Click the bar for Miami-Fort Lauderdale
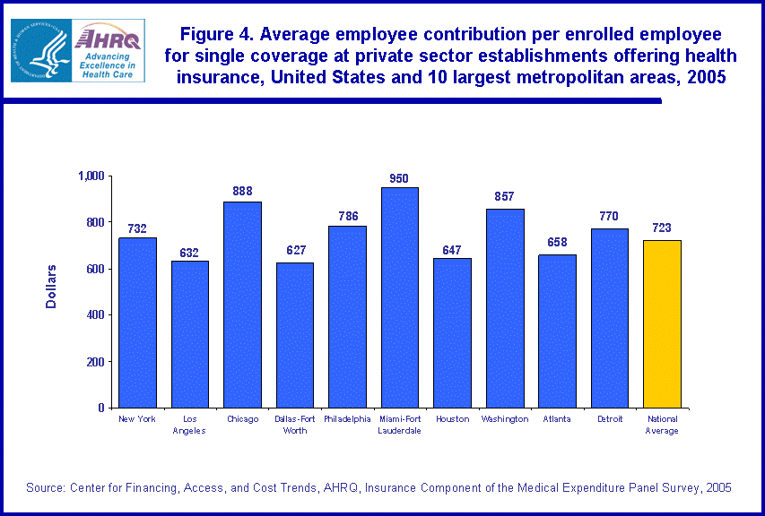tap(399, 297)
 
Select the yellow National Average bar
tap(662, 323)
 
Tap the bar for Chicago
tap(242, 305)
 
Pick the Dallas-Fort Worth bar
tap(294, 335)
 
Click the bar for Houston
tap(452, 332)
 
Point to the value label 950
tap(399, 179)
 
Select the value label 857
tap(504, 196)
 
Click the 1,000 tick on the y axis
tap(90, 176)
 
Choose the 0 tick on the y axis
tap(101, 408)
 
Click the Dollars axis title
tap(51, 286)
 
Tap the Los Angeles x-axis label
tap(189, 425)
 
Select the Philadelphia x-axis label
tap(347, 419)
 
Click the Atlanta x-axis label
tap(557, 419)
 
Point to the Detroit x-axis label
tap(609, 419)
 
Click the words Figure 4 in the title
tap(214, 35)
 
